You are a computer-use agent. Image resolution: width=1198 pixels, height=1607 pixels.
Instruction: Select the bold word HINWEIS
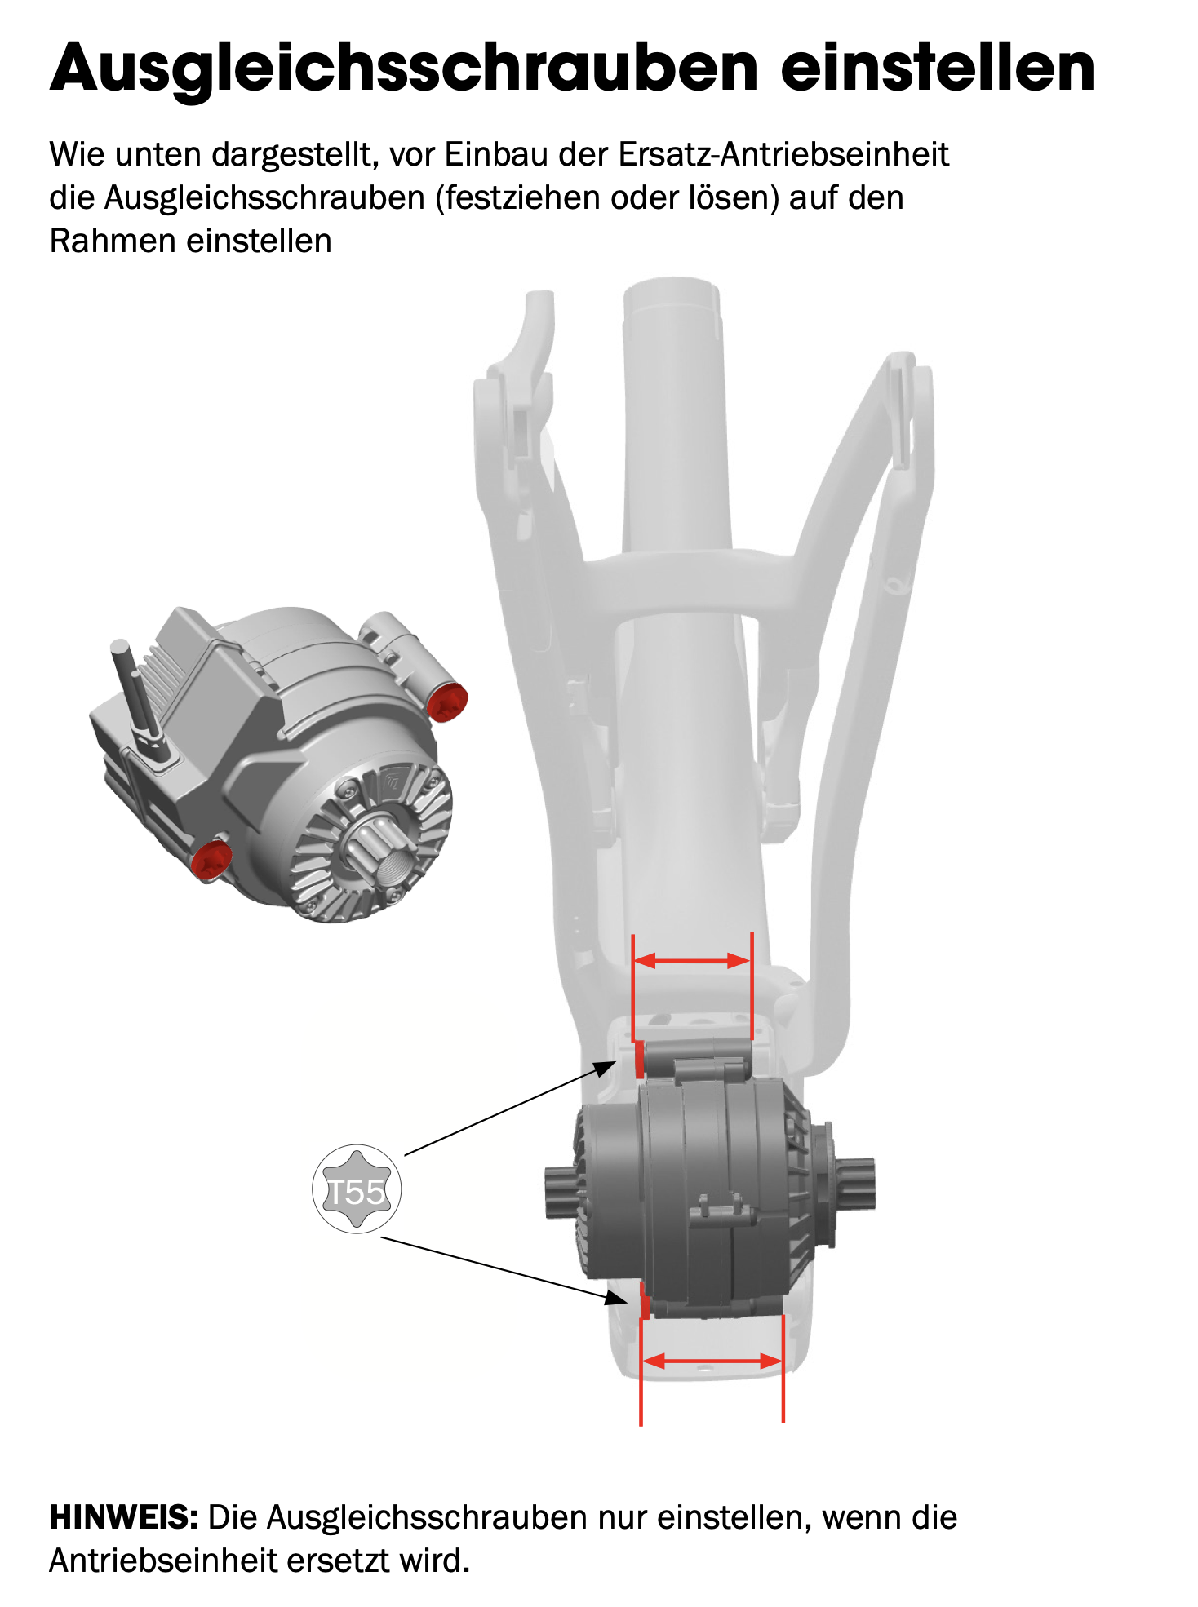[124, 1517]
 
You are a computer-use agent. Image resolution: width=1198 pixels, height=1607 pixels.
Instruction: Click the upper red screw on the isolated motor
[447, 702]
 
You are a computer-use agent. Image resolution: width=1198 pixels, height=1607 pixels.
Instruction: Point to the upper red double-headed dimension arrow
[692, 960]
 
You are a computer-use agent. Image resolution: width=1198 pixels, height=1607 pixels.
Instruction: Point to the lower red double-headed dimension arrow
[712, 1360]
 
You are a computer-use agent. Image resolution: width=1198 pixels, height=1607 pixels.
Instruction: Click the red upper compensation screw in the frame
[639, 1059]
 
